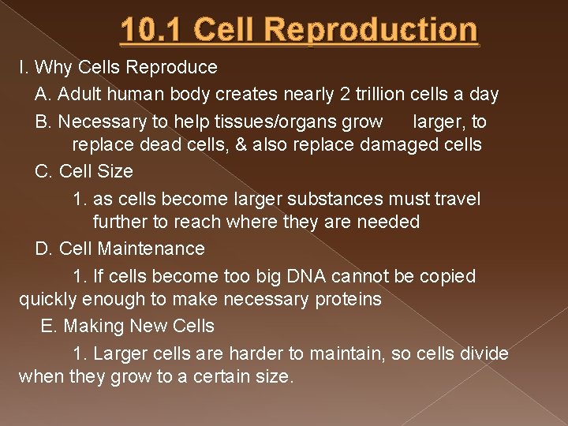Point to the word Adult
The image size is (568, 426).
[x=80, y=95]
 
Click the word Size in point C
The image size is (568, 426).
[x=115, y=171]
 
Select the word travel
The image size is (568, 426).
[x=453, y=199]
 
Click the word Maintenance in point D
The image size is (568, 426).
[x=151, y=248]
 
